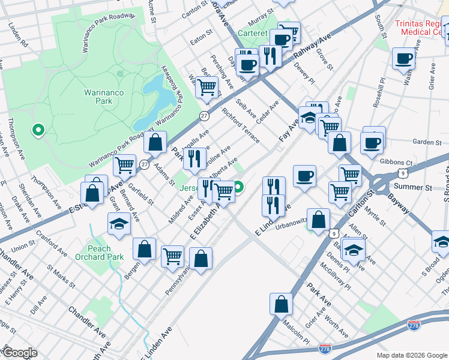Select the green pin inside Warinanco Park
pyautogui.click(x=38, y=129)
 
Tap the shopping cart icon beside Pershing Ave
pyautogui.click(x=207, y=86)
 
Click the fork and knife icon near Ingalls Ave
pyautogui.click(x=194, y=158)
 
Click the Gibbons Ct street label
pyautogui.click(x=401, y=163)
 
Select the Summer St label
pyautogui.click(x=420, y=187)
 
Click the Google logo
pyautogui.click(x=20, y=353)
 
